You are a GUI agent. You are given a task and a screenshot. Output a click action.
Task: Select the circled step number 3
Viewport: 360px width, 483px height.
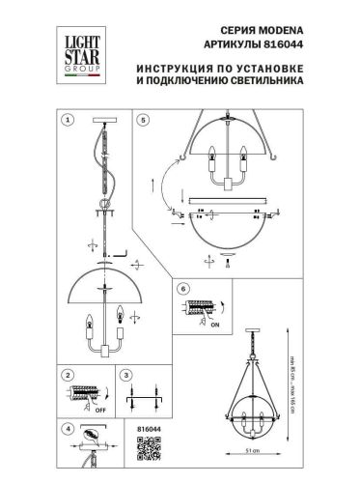point(125,374)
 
